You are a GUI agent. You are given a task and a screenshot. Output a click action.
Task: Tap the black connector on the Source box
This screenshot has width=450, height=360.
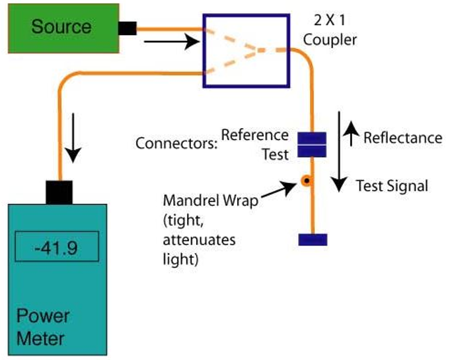pyautogui.click(x=127, y=28)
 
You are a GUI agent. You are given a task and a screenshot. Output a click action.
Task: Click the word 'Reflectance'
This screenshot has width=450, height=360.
pyautogui.click(x=402, y=137)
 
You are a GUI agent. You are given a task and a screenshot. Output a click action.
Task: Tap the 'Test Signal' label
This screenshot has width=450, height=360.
pyautogui.click(x=392, y=186)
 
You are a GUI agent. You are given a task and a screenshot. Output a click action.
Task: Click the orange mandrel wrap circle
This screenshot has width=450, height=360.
pyautogui.click(x=306, y=180)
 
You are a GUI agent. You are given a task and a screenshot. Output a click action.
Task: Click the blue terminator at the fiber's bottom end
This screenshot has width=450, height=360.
pyautogui.click(x=312, y=238)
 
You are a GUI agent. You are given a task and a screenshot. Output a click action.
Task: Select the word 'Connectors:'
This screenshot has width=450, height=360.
pyautogui.click(x=176, y=143)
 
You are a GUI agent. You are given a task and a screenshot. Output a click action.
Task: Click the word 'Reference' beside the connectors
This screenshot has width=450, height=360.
pyautogui.click(x=254, y=135)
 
